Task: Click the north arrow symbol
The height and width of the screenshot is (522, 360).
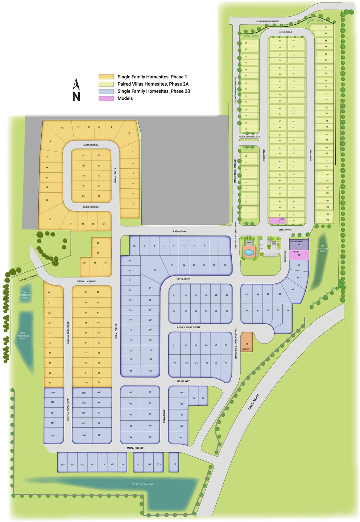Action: (x=76, y=90)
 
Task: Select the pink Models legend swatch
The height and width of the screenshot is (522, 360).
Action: (x=106, y=98)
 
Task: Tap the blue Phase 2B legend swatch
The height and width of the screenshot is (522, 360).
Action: (x=106, y=91)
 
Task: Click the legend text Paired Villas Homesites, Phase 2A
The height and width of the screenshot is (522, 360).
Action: (x=153, y=84)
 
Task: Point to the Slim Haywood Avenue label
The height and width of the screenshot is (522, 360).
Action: (x=268, y=21)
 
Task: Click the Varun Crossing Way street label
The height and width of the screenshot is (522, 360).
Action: (x=249, y=137)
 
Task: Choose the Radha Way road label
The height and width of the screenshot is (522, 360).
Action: (x=179, y=231)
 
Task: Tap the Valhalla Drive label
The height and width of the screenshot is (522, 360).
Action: (x=86, y=281)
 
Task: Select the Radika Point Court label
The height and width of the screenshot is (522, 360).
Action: (x=189, y=328)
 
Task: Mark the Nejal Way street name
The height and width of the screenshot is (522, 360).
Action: (x=183, y=381)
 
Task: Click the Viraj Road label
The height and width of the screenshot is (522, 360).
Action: (x=136, y=448)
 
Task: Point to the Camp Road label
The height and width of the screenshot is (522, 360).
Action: (x=254, y=402)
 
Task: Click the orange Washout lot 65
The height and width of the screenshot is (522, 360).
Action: (x=247, y=342)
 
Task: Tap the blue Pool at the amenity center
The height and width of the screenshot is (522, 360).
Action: (x=249, y=252)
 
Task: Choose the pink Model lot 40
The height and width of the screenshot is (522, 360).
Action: (x=299, y=254)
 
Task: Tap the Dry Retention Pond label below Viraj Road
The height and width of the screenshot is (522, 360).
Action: (x=142, y=484)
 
